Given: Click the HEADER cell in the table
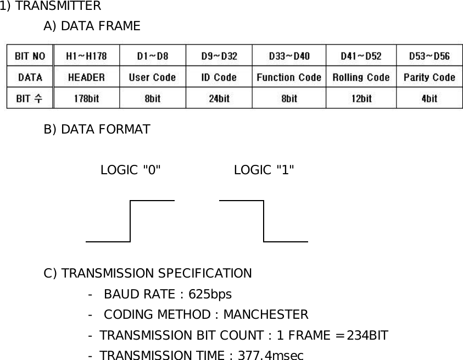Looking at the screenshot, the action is tap(86, 77).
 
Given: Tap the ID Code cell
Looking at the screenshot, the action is tap(219, 77).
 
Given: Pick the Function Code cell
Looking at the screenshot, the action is tap(289, 77).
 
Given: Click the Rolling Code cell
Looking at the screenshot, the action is tap(361, 77).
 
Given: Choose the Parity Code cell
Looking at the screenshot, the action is tap(429, 77).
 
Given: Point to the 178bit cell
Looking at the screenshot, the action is tap(86, 98).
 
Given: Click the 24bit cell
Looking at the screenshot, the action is tap(219, 98).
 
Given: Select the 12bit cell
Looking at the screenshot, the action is tap(361, 98).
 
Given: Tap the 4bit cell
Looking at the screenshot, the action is tap(429, 98).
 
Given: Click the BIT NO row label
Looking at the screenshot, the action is tap(30, 56).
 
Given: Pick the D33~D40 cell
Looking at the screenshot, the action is tap(289, 56).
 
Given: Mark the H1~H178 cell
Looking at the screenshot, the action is tap(86, 56).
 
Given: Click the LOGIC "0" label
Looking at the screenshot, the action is tap(131, 170).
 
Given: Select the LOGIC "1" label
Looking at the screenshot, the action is tap(264, 170).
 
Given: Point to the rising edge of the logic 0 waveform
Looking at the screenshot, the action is tap(131, 221).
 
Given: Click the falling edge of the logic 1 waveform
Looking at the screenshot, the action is tap(264, 221).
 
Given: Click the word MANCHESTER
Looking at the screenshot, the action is tap(265, 314).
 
